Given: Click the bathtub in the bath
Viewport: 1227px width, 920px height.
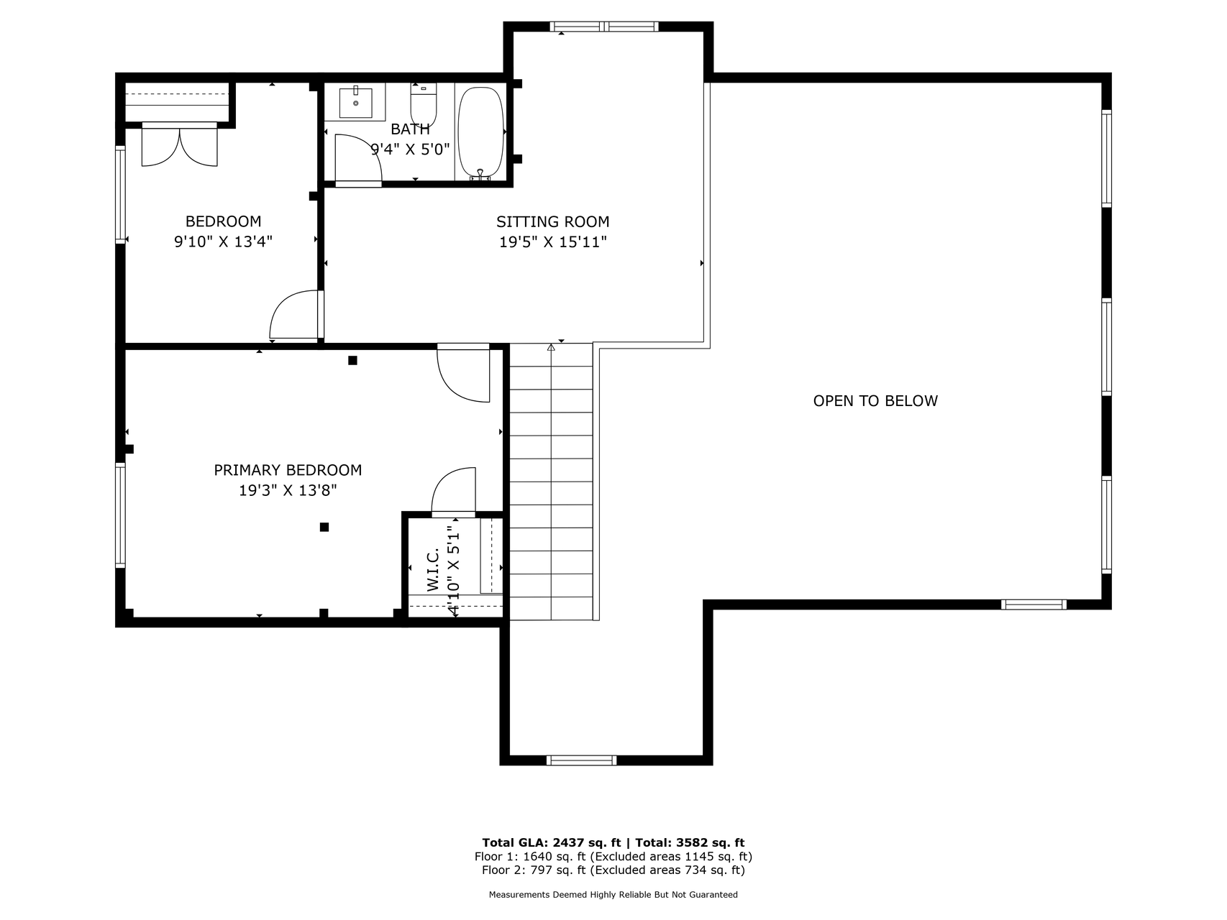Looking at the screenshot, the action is (480, 132).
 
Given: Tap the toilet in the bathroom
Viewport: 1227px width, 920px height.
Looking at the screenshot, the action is (424, 105).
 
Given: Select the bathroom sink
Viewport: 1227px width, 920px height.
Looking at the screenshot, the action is (355, 102).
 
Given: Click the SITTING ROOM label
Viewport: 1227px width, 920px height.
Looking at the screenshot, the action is (553, 222).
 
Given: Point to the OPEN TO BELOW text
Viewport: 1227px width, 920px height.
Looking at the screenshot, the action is (875, 401).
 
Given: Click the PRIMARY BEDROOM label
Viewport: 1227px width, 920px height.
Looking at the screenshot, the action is (288, 470).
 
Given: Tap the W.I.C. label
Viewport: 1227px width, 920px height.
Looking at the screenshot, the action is (433, 570).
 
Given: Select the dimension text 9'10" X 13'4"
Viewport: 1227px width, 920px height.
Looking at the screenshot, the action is (223, 241).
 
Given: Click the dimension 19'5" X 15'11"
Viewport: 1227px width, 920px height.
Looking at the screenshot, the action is (553, 242).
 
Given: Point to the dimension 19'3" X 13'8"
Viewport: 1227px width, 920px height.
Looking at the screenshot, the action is (288, 491).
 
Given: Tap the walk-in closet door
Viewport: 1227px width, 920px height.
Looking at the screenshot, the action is (454, 492).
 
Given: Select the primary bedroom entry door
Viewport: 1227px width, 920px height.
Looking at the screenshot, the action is (464, 373).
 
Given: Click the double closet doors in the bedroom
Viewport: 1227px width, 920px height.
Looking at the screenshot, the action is (179, 145).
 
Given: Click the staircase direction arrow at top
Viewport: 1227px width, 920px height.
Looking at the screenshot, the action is (552, 347).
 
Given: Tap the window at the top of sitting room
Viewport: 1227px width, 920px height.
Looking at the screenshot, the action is (604, 27).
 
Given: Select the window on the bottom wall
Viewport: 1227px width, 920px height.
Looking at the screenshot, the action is (582, 760).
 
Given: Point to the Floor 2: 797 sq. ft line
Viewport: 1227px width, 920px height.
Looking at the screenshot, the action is (613, 870).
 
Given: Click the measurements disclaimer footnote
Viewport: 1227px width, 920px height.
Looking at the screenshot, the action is (613, 895).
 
